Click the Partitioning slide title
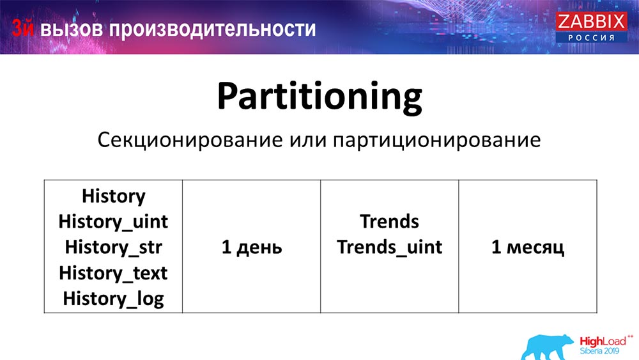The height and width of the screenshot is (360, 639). point(319,97)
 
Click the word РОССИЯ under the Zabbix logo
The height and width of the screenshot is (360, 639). point(591,38)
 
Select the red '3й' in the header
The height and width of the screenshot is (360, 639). point(24,29)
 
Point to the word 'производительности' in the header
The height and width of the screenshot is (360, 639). point(211,29)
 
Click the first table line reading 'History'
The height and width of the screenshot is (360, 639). point(113,196)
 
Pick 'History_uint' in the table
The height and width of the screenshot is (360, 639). point(113,221)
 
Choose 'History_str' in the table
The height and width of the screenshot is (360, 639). point(113,247)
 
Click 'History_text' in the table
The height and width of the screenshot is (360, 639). point(113,272)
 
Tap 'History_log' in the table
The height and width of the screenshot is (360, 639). point(113,298)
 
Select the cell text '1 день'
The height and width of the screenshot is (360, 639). point(251,247)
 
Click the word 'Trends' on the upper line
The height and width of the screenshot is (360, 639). point(389,221)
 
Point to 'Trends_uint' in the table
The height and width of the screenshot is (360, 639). point(389,247)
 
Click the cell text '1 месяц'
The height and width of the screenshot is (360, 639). point(527,247)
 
